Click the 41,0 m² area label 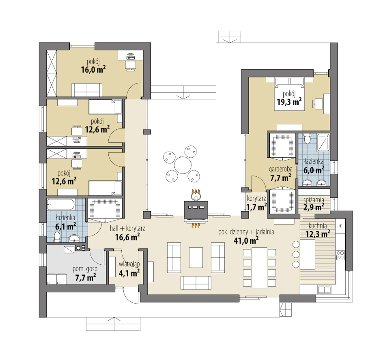click(x=246, y=240)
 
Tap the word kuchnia click(x=318, y=226)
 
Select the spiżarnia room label click(x=314, y=199)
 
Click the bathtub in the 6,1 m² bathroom click(x=61, y=205)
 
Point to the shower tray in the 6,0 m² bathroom click(x=323, y=142)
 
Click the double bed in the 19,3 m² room click(x=289, y=94)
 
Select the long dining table click(x=259, y=268)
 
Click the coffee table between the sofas click(x=196, y=257)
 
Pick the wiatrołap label click(x=129, y=264)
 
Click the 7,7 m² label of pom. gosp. click(x=86, y=277)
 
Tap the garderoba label click(x=281, y=169)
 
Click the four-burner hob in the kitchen click(x=340, y=255)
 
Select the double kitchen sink click(x=324, y=289)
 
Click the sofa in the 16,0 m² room click(x=87, y=90)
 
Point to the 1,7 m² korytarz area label click(x=256, y=208)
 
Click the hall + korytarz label click(x=127, y=229)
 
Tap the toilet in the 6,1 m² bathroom click(x=57, y=237)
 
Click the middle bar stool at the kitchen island click(x=296, y=254)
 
